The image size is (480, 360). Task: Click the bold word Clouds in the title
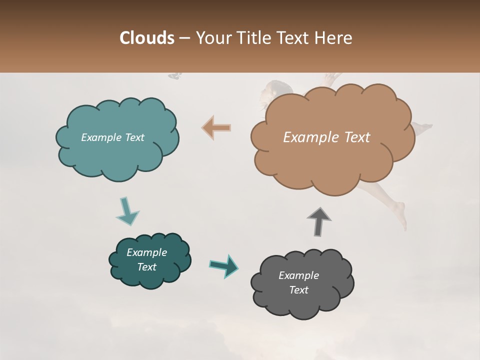pyautogui.click(x=147, y=38)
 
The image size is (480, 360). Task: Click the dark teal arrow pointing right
pyautogui.click(x=224, y=265)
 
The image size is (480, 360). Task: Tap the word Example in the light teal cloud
pyautogui.click(x=100, y=137)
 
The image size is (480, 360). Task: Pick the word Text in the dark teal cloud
pyautogui.click(x=147, y=267)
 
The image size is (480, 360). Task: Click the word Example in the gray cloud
pyautogui.click(x=298, y=275)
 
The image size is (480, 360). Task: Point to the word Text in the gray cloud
pyautogui.click(x=298, y=290)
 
